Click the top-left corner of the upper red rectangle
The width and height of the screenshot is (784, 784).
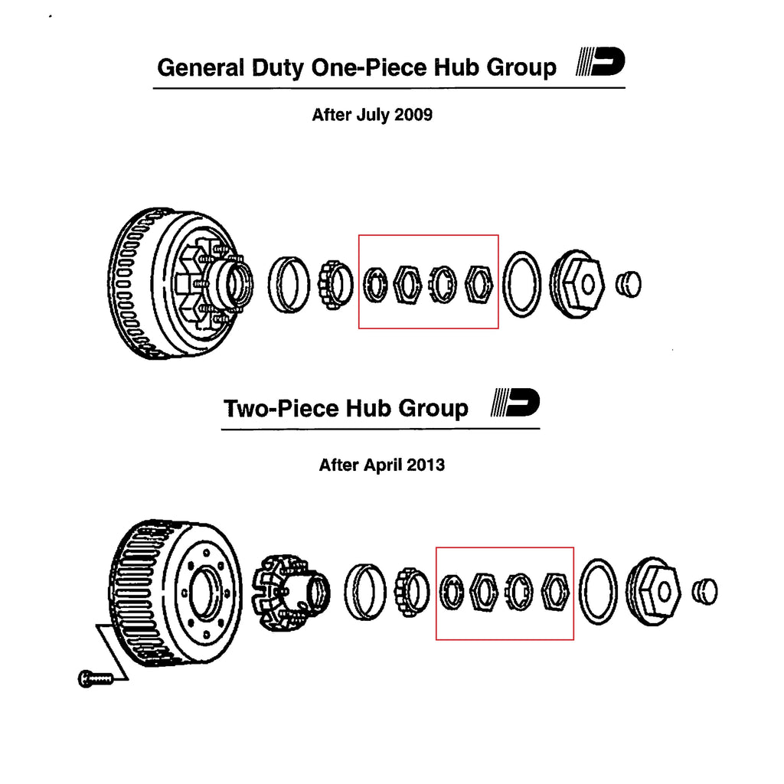[x=359, y=235]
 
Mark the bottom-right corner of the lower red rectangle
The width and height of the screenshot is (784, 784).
[x=573, y=639]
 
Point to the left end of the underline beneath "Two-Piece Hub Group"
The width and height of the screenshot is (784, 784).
[x=221, y=429]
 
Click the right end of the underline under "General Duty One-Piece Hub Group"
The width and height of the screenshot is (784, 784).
[x=625, y=88]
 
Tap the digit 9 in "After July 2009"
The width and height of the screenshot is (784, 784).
[x=427, y=115]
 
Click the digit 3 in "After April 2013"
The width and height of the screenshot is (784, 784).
[x=439, y=465]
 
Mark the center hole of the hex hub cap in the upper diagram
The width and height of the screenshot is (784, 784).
[x=588, y=285]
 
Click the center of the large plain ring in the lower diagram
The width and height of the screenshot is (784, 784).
[x=598, y=592]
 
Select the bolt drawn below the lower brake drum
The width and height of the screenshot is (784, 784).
[x=96, y=678]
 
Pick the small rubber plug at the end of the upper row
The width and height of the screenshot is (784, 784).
[x=629, y=285]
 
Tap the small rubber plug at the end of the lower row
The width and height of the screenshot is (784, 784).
[x=705, y=592]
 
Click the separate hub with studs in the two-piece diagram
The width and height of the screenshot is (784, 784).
[x=290, y=592]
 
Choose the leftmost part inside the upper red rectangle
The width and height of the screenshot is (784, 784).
[x=375, y=285]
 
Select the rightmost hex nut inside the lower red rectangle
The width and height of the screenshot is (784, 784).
[x=556, y=592]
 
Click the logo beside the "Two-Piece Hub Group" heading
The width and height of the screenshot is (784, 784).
[x=515, y=403]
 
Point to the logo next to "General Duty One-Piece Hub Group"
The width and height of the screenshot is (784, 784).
[x=600, y=61]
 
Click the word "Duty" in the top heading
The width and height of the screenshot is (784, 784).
[x=277, y=68]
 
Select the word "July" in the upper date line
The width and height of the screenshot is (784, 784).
[x=373, y=115]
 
